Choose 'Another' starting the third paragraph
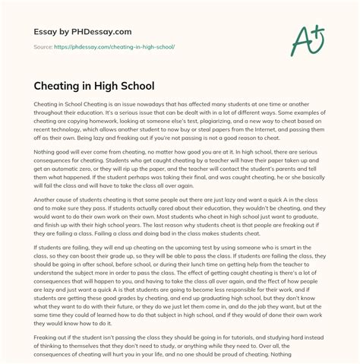47,218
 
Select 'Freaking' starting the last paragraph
47,344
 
